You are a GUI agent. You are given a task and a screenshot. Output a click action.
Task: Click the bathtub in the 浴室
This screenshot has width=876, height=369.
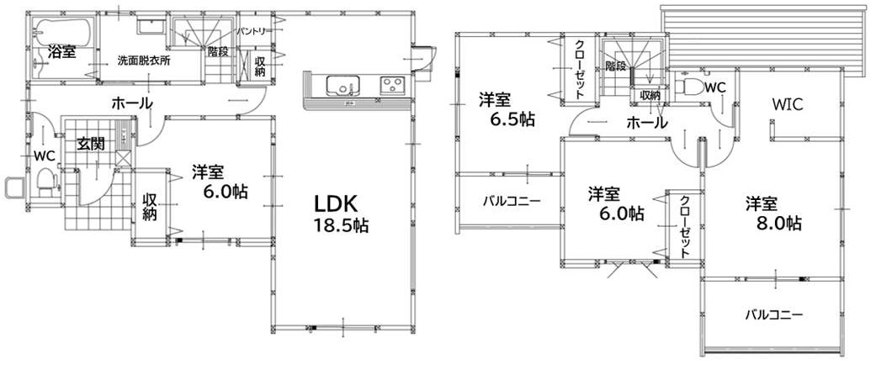tap(61, 32)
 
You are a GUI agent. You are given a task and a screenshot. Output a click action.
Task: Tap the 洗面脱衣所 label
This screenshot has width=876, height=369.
tap(144, 61)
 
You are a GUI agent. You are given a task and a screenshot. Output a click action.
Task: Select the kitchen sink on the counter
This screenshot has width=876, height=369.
tap(343, 86)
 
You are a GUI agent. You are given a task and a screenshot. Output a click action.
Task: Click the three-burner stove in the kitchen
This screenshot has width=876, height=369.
tap(394, 86)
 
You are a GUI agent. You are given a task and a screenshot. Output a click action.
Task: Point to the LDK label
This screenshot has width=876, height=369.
tap(335, 203)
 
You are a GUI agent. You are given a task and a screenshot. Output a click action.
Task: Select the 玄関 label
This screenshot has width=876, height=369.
tap(91, 144)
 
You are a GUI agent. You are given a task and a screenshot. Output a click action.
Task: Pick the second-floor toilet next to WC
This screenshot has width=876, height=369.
tap(686, 87)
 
